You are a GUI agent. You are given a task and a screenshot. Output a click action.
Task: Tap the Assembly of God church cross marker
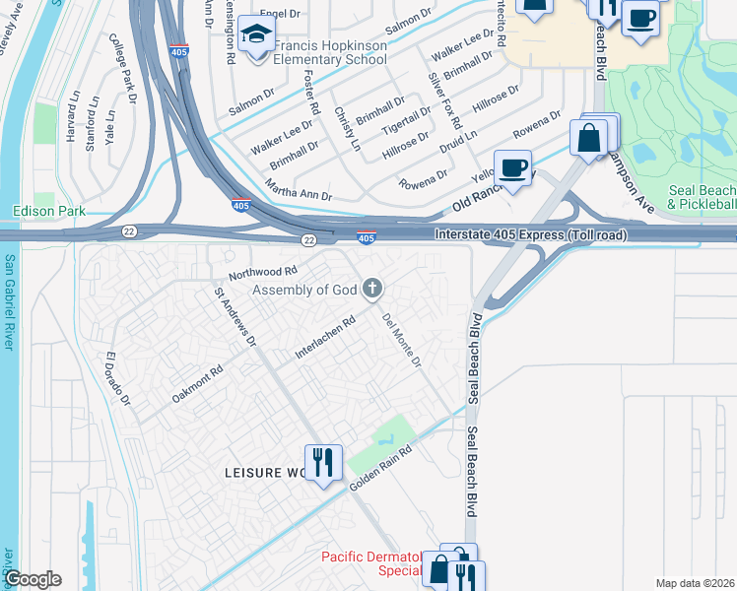click(371, 288)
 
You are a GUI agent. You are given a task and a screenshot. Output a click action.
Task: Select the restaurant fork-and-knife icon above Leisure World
click(322, 462)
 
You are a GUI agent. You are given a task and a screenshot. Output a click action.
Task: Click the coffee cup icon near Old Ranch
click(512, 167)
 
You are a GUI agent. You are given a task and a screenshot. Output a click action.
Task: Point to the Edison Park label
click(49, 211)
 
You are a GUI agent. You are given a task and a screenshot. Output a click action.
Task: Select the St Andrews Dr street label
click(235, 316)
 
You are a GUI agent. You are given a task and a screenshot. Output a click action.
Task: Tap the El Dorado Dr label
click(118, 382)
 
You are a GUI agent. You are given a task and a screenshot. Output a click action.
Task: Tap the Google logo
click(33, 579)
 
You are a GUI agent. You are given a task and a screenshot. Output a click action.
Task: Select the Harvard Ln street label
click(73, 118)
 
